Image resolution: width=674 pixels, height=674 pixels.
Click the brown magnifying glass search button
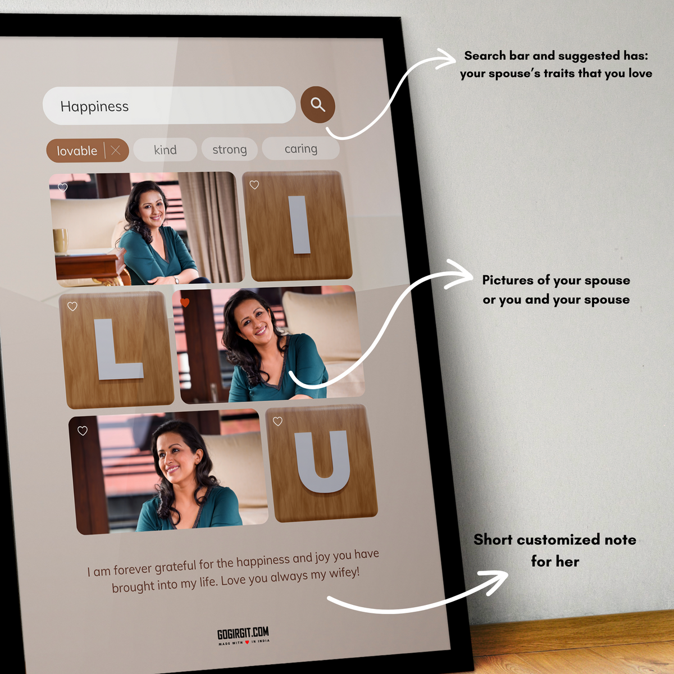[317, 104]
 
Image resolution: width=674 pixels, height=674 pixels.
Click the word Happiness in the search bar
[94, 106]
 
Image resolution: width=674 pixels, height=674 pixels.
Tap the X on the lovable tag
[116, 151]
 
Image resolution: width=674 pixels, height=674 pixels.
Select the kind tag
[165, 150]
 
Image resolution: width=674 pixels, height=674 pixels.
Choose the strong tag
[230, 149]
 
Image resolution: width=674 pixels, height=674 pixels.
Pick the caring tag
[301, 148]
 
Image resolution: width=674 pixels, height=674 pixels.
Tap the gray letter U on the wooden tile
[322, 461]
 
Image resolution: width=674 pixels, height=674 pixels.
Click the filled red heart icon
[185, 302]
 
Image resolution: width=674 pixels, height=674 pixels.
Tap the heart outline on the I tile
[254, 185]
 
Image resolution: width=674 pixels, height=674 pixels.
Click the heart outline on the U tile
[277, 421]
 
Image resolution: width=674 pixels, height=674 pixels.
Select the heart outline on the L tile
[72, 307]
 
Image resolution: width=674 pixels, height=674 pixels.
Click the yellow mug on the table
[60, 240]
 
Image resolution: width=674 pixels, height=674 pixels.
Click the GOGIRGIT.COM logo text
[243, 633]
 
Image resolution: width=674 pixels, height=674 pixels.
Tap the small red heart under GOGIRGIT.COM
[247, 642]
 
